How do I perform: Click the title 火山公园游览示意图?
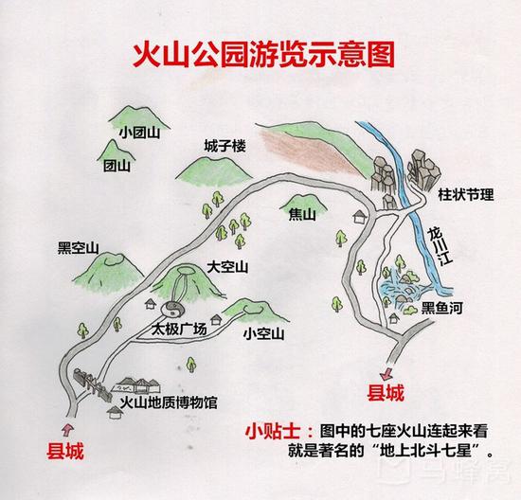point(263,54)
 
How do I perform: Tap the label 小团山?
point(140,133)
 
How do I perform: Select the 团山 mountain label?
point(117,166)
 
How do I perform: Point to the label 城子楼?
point(225,146)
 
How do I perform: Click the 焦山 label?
point(302,214)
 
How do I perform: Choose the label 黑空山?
point(79,248)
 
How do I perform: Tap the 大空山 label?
point(227,267)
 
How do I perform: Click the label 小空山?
point(264,333)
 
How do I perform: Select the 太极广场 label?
point(179,329)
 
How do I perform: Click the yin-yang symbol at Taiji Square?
point(172,310)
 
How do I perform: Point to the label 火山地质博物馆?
point(169,403)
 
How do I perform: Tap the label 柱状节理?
point(466,194)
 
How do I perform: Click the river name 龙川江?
point(440,246)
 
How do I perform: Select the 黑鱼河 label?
point(442,308)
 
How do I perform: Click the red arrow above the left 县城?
point(68,429)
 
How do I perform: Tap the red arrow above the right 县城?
point(386,374)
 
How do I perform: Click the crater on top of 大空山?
point(186,270)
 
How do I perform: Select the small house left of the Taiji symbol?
point(151,303)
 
